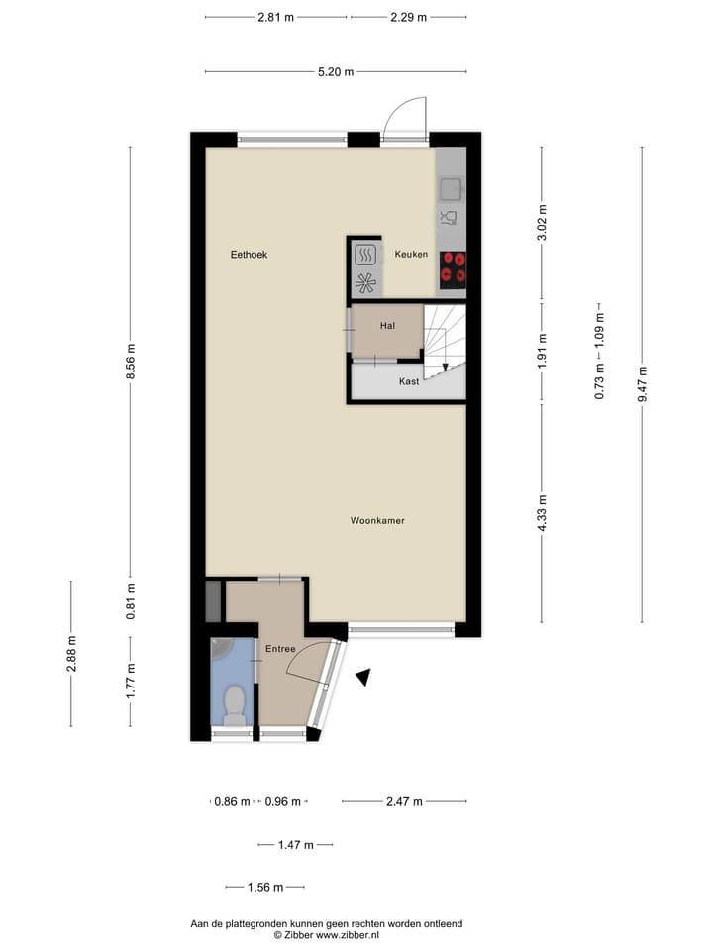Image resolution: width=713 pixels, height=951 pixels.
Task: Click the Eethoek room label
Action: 249,255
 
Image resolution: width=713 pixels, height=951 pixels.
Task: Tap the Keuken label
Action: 411,255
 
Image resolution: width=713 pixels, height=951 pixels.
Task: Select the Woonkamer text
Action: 377,520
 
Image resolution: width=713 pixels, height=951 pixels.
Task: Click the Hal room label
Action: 387,325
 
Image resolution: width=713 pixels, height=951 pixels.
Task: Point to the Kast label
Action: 408,381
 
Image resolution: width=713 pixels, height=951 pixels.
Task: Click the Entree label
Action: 280,649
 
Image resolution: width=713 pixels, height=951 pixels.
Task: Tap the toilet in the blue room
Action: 234,705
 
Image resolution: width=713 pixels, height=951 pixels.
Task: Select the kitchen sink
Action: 452,188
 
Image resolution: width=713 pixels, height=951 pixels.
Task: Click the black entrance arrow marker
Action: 364,677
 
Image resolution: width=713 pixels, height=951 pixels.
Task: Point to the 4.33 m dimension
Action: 542,513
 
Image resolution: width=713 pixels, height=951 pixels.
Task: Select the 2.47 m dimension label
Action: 404,801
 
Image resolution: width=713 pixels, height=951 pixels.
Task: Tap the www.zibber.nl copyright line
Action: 326,935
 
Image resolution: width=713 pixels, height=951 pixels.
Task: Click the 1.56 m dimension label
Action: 265,887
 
